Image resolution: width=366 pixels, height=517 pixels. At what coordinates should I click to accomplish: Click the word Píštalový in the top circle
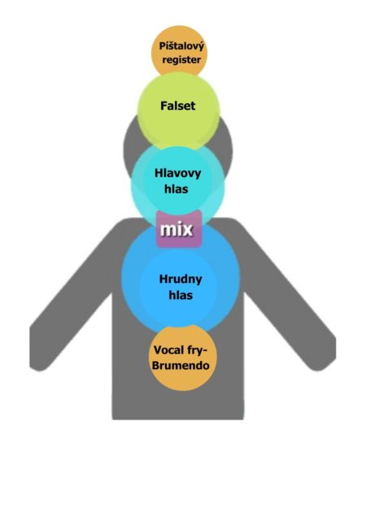(x=181, y=46)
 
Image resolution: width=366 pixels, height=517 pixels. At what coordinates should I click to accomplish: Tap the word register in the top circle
(x=181, y=59)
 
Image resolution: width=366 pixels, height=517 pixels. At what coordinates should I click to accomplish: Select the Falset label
(x=178, y=106)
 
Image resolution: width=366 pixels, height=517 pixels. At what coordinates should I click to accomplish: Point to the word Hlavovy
(x=177, y=173)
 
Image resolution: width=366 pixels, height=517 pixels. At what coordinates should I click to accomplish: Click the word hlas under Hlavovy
(x=176, y=189)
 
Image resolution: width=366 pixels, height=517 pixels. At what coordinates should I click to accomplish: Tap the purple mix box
(x=179, y=228)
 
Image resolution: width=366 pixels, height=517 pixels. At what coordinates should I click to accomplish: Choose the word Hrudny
(x=181, y=280)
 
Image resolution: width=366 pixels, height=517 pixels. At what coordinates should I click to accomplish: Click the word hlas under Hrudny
(x=181, y=295)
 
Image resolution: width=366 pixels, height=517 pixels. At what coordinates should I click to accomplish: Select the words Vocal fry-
(x=181, y=350)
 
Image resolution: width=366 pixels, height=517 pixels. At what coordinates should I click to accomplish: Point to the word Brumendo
(x=181, y=365)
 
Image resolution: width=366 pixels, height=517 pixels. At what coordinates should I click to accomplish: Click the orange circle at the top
(x=179, y=52)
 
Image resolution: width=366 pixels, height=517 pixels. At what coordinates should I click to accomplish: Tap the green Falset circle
(x=179, y=111)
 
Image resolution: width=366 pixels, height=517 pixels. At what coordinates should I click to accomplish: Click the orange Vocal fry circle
(x=181, y=358)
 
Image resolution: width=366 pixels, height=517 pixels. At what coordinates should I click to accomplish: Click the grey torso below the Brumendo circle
(x=178, y=406)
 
